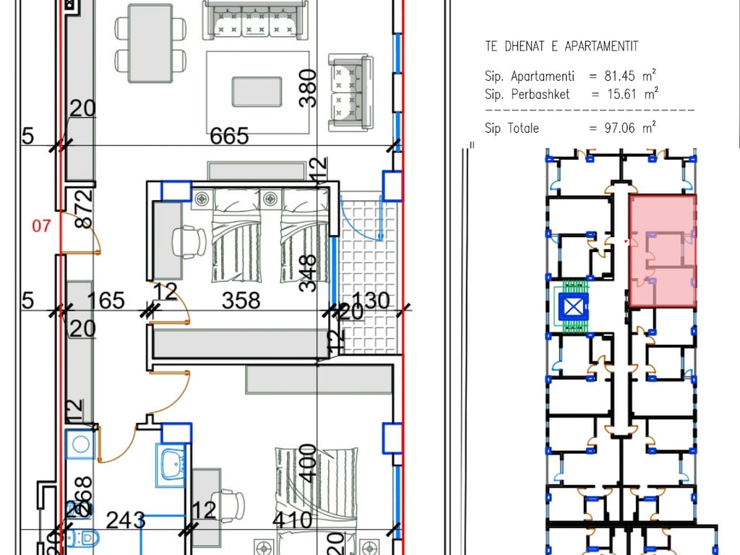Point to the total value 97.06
[619, 128]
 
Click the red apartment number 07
[42, 226]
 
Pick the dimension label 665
[228, 136]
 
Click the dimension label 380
[308, 87]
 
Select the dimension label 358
[240, 300]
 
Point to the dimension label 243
[126, 520]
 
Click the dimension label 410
[292, 520]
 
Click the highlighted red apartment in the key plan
[662, 251]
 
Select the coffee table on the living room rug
[257, 91]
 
